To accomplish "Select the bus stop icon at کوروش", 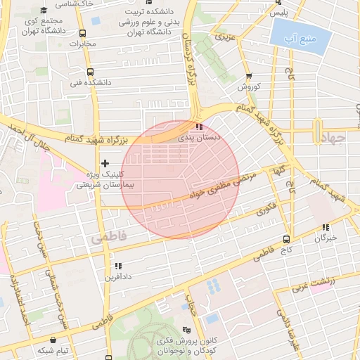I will coord(249,77).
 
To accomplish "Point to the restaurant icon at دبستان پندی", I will coord(200,127).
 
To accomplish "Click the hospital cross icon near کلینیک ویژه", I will coord(105,163).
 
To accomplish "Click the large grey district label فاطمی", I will coord(109,238).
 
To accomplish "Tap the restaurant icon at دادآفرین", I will coord(117,266).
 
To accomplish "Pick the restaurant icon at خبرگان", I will coord(325,227).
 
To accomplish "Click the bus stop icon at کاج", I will coord(286,239).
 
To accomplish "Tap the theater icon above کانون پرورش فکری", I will coord(186,330).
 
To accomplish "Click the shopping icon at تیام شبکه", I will coord(53,340).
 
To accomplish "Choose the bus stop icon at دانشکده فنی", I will coord(89,72).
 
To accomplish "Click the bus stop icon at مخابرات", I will coord(83,33).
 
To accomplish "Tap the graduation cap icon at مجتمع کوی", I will coord(44,11).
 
